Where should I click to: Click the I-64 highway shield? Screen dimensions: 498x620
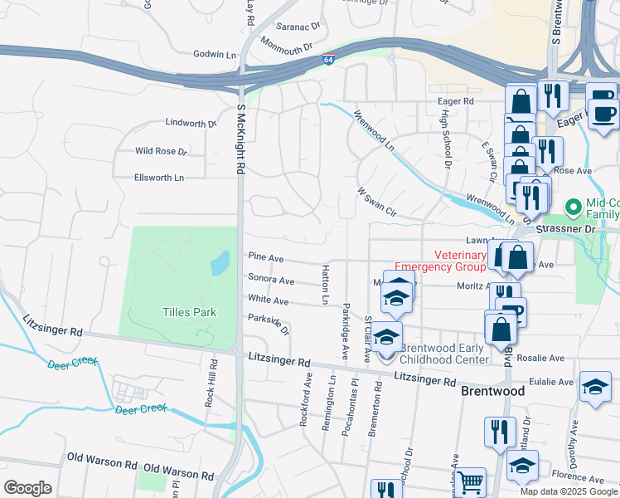[x=329, y=60]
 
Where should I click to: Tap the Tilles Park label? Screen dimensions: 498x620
[x=189, y=312]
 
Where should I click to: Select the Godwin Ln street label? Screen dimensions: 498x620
[x=214, y=54]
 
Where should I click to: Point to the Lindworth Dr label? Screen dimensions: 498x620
[x=191, y=123]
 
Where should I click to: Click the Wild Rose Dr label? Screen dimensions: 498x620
[x=162, y=151]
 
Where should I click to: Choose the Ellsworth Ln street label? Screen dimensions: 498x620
[x=159, y=178]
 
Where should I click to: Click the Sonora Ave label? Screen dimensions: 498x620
[x=271, y=280]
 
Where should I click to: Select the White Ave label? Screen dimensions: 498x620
[x=268, y=300]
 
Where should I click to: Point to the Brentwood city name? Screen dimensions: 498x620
[x=492, y=390]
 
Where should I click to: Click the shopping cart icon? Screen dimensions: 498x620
[x=470, y=481]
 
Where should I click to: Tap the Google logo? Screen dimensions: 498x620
[x=27, y=488]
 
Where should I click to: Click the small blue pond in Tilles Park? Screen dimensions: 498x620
[x=220, y=264]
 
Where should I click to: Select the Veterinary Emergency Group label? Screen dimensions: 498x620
[x=439, y=261]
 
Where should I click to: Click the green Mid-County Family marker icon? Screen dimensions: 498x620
[x=572, y=206]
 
